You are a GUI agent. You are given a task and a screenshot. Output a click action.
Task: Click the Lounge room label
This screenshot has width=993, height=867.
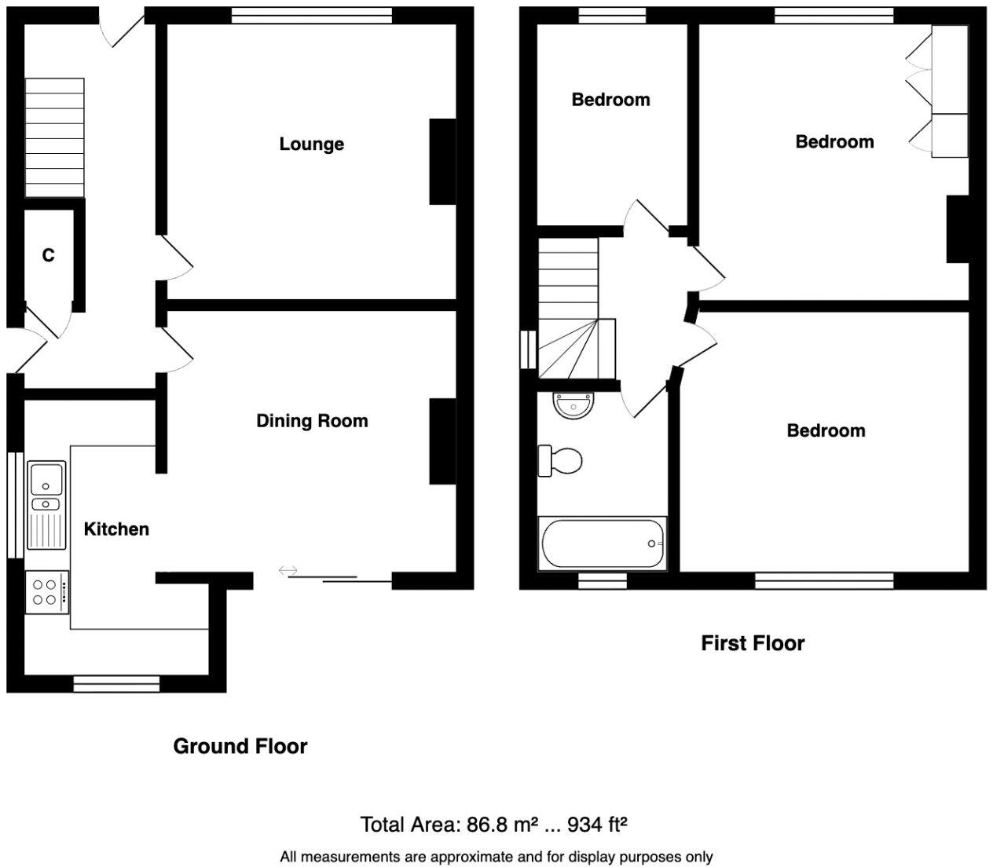click(x=312, y=144)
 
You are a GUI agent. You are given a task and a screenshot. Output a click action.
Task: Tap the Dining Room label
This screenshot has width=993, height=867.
click(x=312, y=421)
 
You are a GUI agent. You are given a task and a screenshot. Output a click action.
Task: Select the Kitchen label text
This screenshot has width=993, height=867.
click(x=116, y=529)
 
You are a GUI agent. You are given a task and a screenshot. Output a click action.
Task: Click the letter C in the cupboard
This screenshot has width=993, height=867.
click(x=49, y=255)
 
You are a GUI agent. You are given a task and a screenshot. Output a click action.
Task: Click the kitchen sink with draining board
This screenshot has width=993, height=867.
click(x=46, y=506)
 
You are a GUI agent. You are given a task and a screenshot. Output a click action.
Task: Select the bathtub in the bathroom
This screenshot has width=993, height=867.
click(x=602, y=543)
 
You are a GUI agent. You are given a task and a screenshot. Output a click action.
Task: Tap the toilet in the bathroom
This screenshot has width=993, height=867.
click(x=560, y=460)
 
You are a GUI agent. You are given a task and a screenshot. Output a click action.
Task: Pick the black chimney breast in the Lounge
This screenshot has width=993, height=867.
click(x=442, y=162)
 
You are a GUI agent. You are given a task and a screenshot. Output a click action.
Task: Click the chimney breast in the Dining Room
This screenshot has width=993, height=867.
click(x=442, y=441)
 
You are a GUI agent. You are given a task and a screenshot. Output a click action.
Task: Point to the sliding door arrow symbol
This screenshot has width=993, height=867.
click(x=288, y=570)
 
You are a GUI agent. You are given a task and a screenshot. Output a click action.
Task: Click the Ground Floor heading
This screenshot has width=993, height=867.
click(x=240, y=746)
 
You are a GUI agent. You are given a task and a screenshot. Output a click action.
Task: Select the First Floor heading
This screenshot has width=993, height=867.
click(x=753, y=643)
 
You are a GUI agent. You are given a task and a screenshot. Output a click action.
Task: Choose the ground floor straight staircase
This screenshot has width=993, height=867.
click(x=55, y=137)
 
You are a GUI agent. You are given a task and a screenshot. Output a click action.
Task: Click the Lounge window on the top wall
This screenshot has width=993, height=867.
click(x=312, y=16)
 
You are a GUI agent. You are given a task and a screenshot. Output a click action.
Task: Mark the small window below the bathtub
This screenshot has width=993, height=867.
click(x=603, y=581)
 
